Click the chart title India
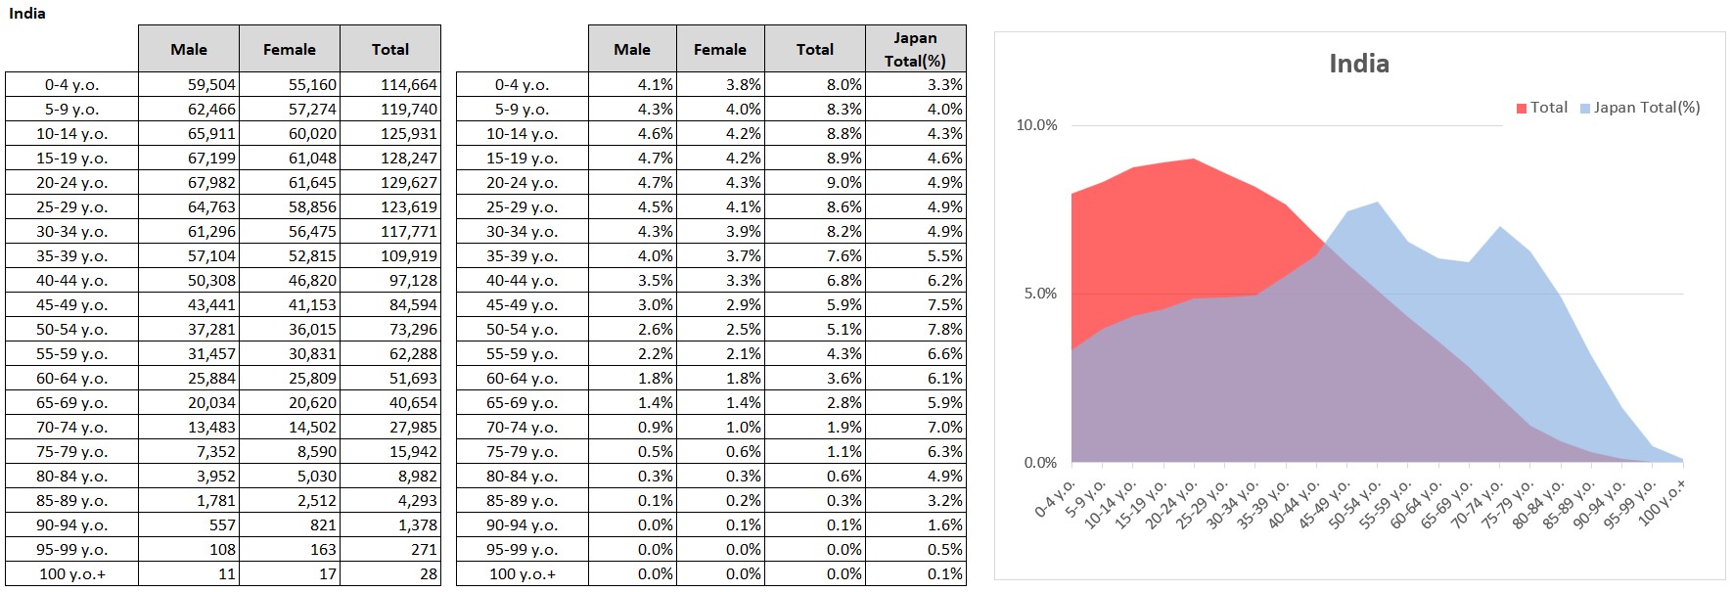point(1358,64)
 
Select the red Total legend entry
point(1542,108)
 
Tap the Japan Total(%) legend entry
point(1641,108)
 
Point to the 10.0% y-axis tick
point(1037,125)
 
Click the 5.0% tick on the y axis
point(1040,294)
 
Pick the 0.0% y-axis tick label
point(1040,463)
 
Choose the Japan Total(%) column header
point(915,49)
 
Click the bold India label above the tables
point(27,14)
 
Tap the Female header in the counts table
point(289,49)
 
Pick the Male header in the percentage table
point(631,49)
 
